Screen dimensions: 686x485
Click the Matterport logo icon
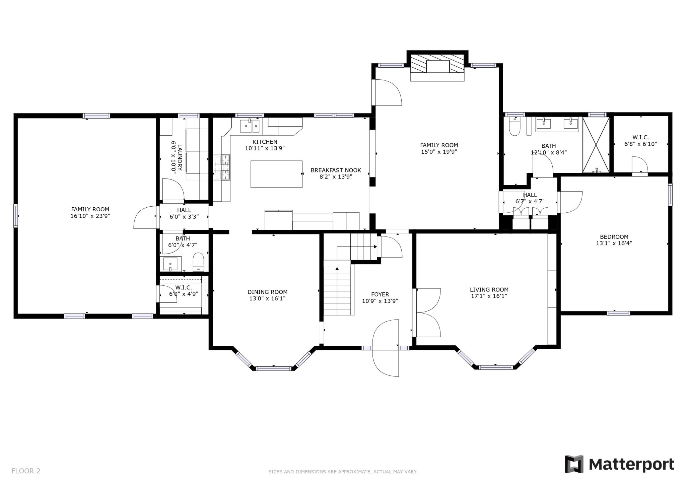[x=574, y=464]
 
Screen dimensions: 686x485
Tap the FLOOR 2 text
[x=26, y=471]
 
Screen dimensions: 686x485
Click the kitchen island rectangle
[x=276, y=174]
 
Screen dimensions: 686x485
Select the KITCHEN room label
[x=265, y=142]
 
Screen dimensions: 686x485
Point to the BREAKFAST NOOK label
[x=336, y=170]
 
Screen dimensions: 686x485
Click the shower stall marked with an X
[x=596, y=145]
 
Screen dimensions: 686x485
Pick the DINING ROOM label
[x=267, y=292]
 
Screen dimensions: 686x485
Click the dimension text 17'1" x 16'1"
[x=489, y=296]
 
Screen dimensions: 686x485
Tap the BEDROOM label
[x=614, y=237]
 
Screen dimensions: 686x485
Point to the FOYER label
[x=380, y=294]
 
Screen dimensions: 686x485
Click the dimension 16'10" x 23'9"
[x=90, y=216]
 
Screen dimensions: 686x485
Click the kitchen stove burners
[x=222, y=167]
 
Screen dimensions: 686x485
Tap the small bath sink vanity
[x=170, y=264]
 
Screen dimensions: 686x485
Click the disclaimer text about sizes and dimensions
[x=343, y=472]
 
